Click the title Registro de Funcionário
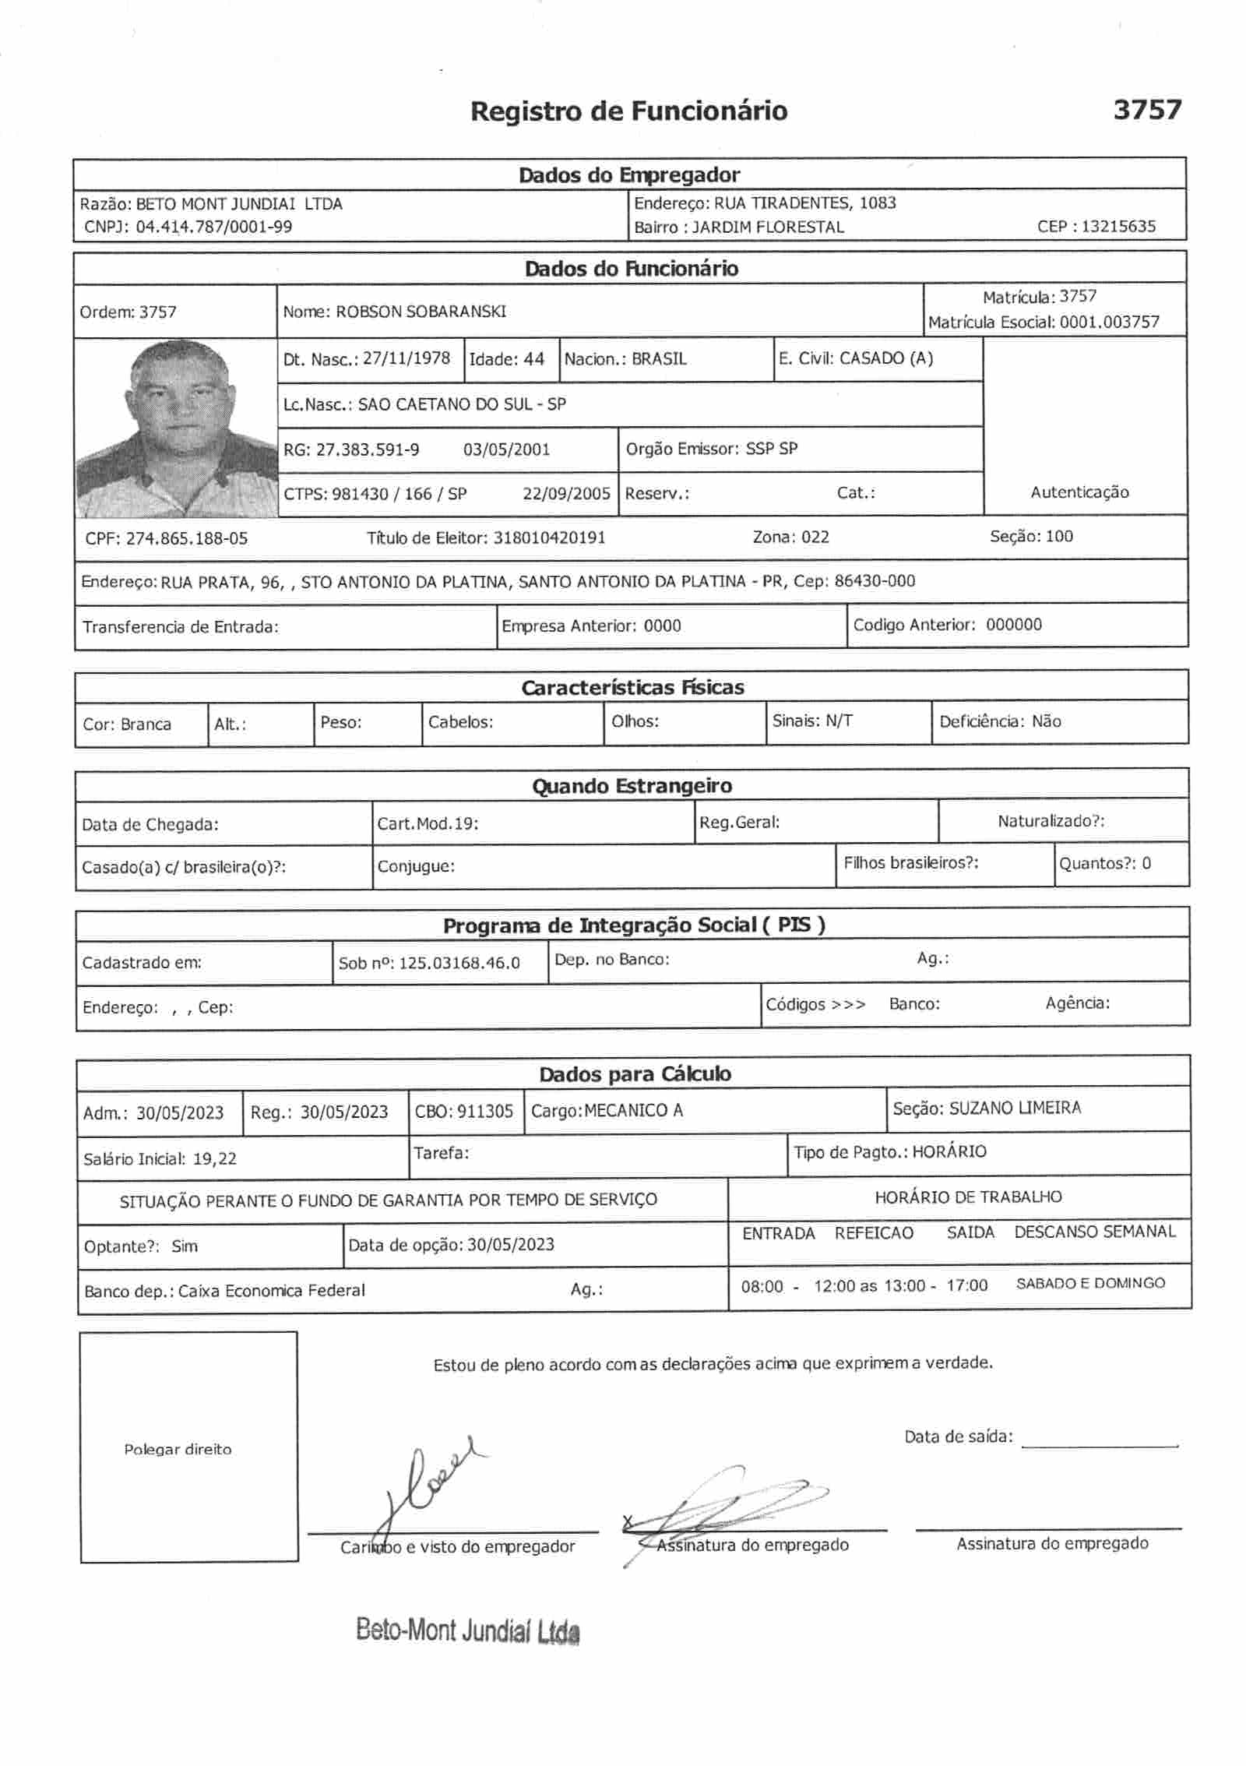click(x=628, y=111)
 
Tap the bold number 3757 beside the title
click(x=1147, y=110)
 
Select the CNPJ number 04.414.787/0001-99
click(x=214, y=227)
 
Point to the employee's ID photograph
click(x=176, y=428)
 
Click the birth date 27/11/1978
click(x=407, y=359)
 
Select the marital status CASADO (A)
click(x=886, y=358)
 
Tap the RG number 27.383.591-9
click(x=368, y=449)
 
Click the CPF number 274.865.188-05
click(x=187, y=538)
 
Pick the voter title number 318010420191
click(x=549, y=538)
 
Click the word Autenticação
click(x=1079, y=492)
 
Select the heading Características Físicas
click(x=632, y=688)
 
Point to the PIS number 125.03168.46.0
click(x=459, y=964)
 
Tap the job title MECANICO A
click(x=633, y=1111)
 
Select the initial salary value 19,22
click(x=215, y=1159)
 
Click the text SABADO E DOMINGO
click(x=1090, y=1284)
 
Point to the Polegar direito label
click(x=178, y=1450)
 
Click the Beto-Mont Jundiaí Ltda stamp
click(x=467, y=1630)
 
